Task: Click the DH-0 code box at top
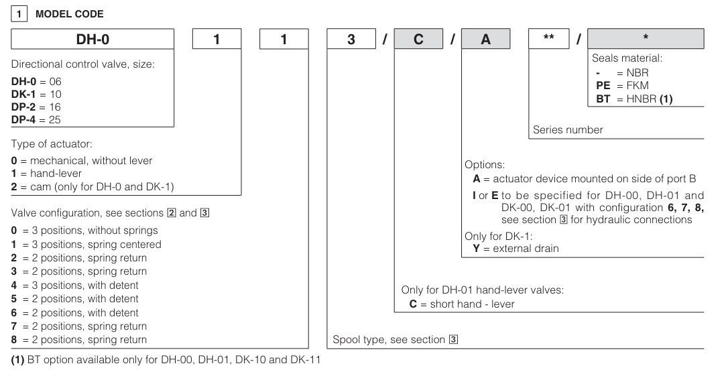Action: [93, 39]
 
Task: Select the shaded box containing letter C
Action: [418, 39]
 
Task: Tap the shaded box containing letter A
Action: [485, 39]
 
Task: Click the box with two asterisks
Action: [549, 39]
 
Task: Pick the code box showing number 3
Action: [351, 39]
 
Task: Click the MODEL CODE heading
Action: [70, 14]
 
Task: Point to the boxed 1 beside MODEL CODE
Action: [19, 14]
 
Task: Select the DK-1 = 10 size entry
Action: [36, 94]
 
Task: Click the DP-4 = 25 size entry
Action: [36, 120]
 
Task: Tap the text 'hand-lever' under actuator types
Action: [56, 173]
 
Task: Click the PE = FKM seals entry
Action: [622, 85]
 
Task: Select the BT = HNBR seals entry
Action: [634, 99]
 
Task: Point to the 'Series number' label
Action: [568, 129]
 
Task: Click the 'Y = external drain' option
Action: [515, 249]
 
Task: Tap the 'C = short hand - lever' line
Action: [461, 304]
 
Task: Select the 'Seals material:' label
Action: [627, 58]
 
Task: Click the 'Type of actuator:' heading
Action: [52, 144]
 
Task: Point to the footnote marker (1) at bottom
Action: [17, 360]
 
